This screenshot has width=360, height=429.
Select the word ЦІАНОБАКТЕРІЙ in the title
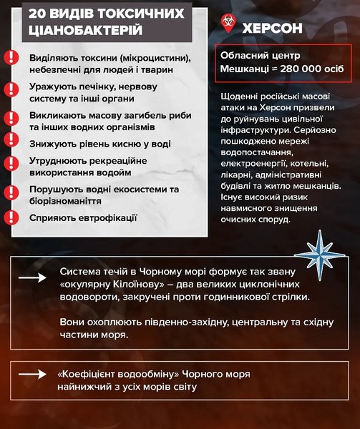(x=84, y=31)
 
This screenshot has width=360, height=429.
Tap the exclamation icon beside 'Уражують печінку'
(x=11, y=89)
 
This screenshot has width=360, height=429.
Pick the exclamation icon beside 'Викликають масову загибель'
(x=11, y=117)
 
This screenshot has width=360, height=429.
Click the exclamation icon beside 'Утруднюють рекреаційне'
(x=11, y=164)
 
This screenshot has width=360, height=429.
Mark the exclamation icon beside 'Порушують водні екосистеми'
(x=11, y=192)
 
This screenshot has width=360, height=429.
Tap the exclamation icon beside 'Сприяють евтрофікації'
(x=11, y=216)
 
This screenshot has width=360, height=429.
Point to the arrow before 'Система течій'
(x=31, y=278)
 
